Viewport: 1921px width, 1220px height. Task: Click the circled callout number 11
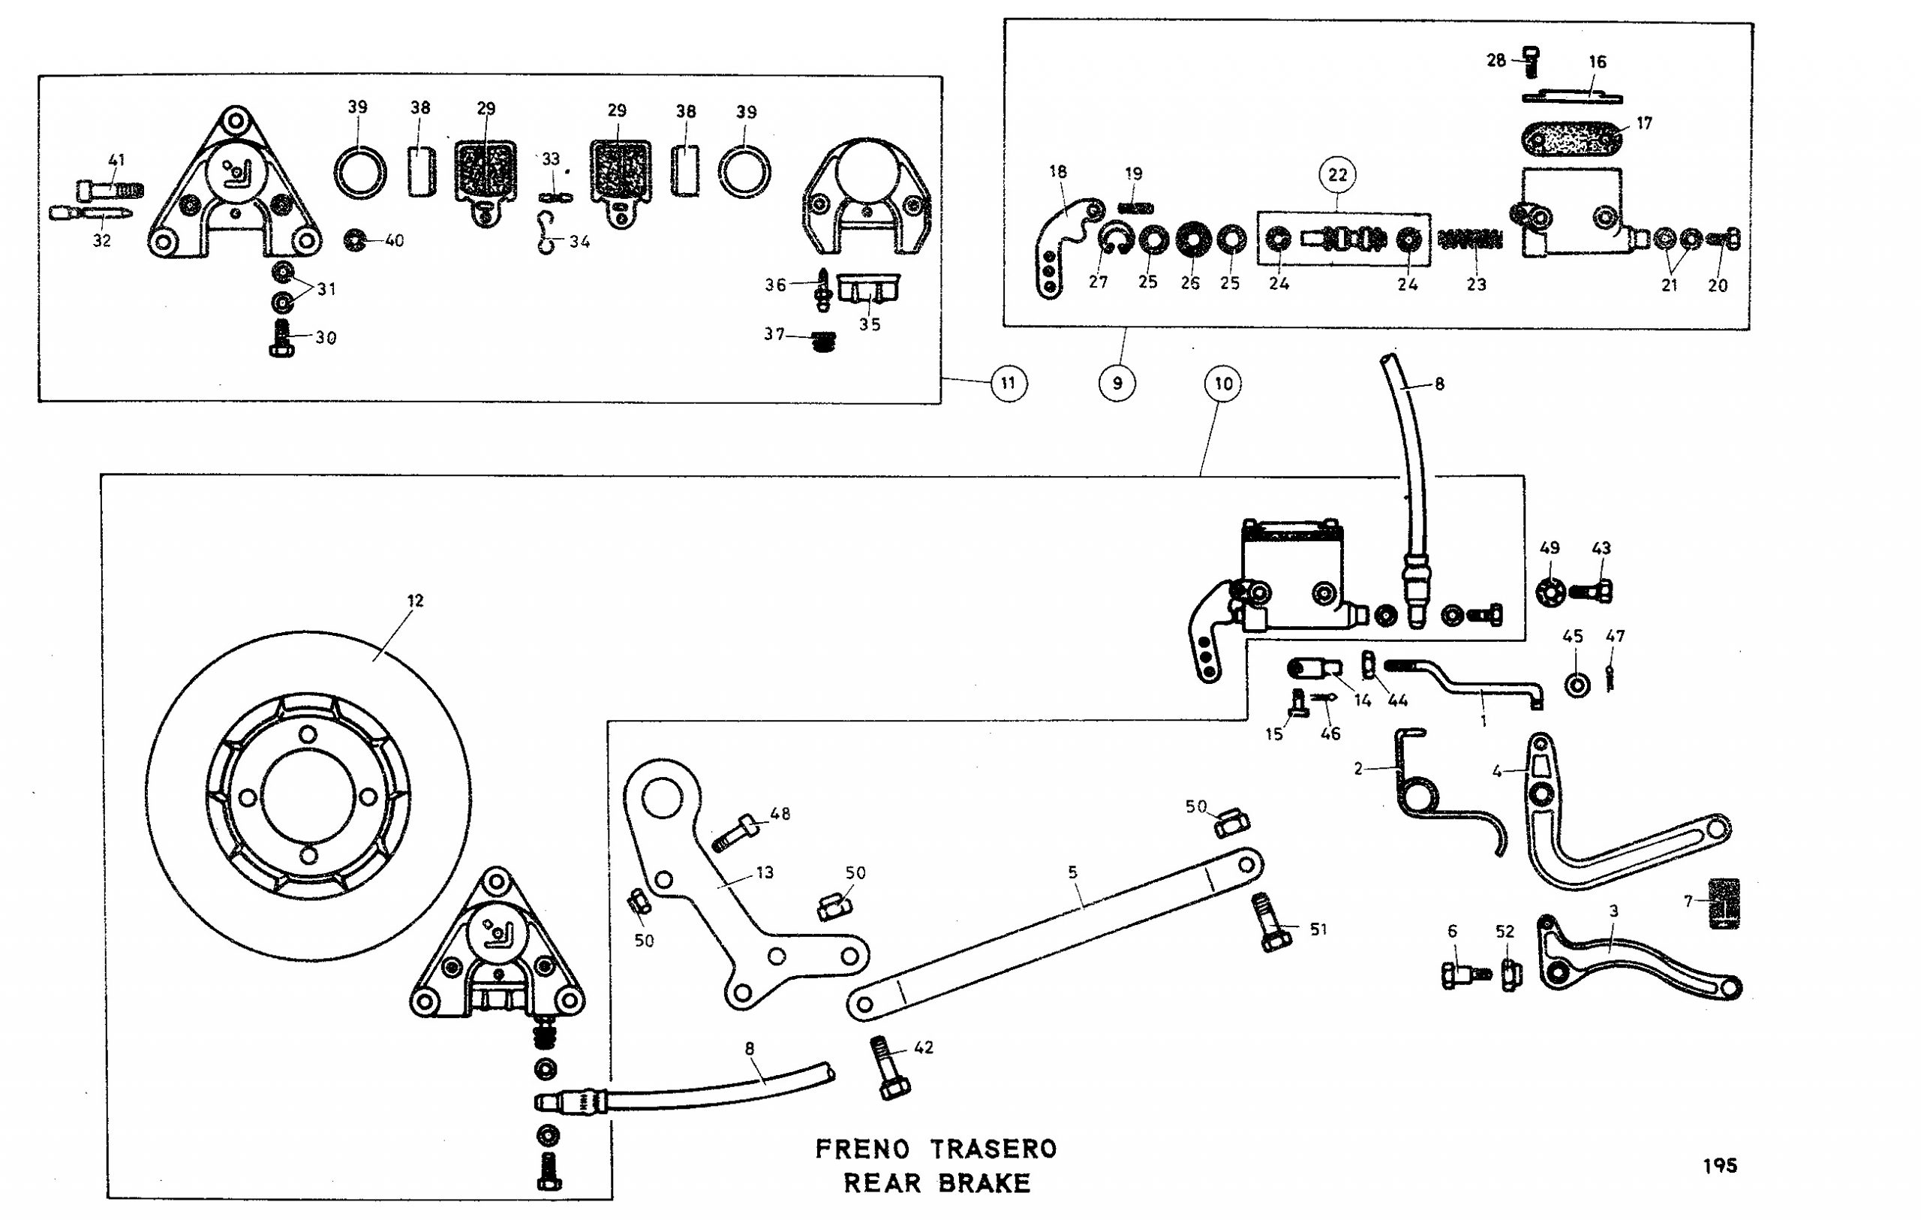click(x=1009, y=383)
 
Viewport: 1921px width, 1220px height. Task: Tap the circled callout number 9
click(x=1117, y=383)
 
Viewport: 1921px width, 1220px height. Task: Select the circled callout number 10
click(x=1224, y=384)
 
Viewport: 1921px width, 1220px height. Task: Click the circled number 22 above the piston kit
click(x=1338, y=175)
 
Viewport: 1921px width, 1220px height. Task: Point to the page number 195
click(x=1720, y=1166)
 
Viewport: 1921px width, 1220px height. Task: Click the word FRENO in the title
click(x=862, y=1149)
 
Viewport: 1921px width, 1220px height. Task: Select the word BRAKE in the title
click(x=984, y=1182)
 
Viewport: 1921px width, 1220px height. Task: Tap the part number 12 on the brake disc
click(x=415, y=600)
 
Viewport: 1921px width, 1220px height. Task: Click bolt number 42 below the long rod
click(x=888, y=1068)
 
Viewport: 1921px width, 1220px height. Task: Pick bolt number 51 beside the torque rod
click(x=1271, y=923)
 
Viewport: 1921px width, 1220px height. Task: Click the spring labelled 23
click(x=1469, y=239)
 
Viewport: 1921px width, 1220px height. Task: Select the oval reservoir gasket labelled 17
click(x=1571, y=140)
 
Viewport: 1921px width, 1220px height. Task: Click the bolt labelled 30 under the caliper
click(x=281, y=339)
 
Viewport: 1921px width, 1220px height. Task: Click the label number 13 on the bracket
click(x=764, y=872)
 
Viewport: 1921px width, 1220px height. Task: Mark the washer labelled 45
click(x=1577, y=685)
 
